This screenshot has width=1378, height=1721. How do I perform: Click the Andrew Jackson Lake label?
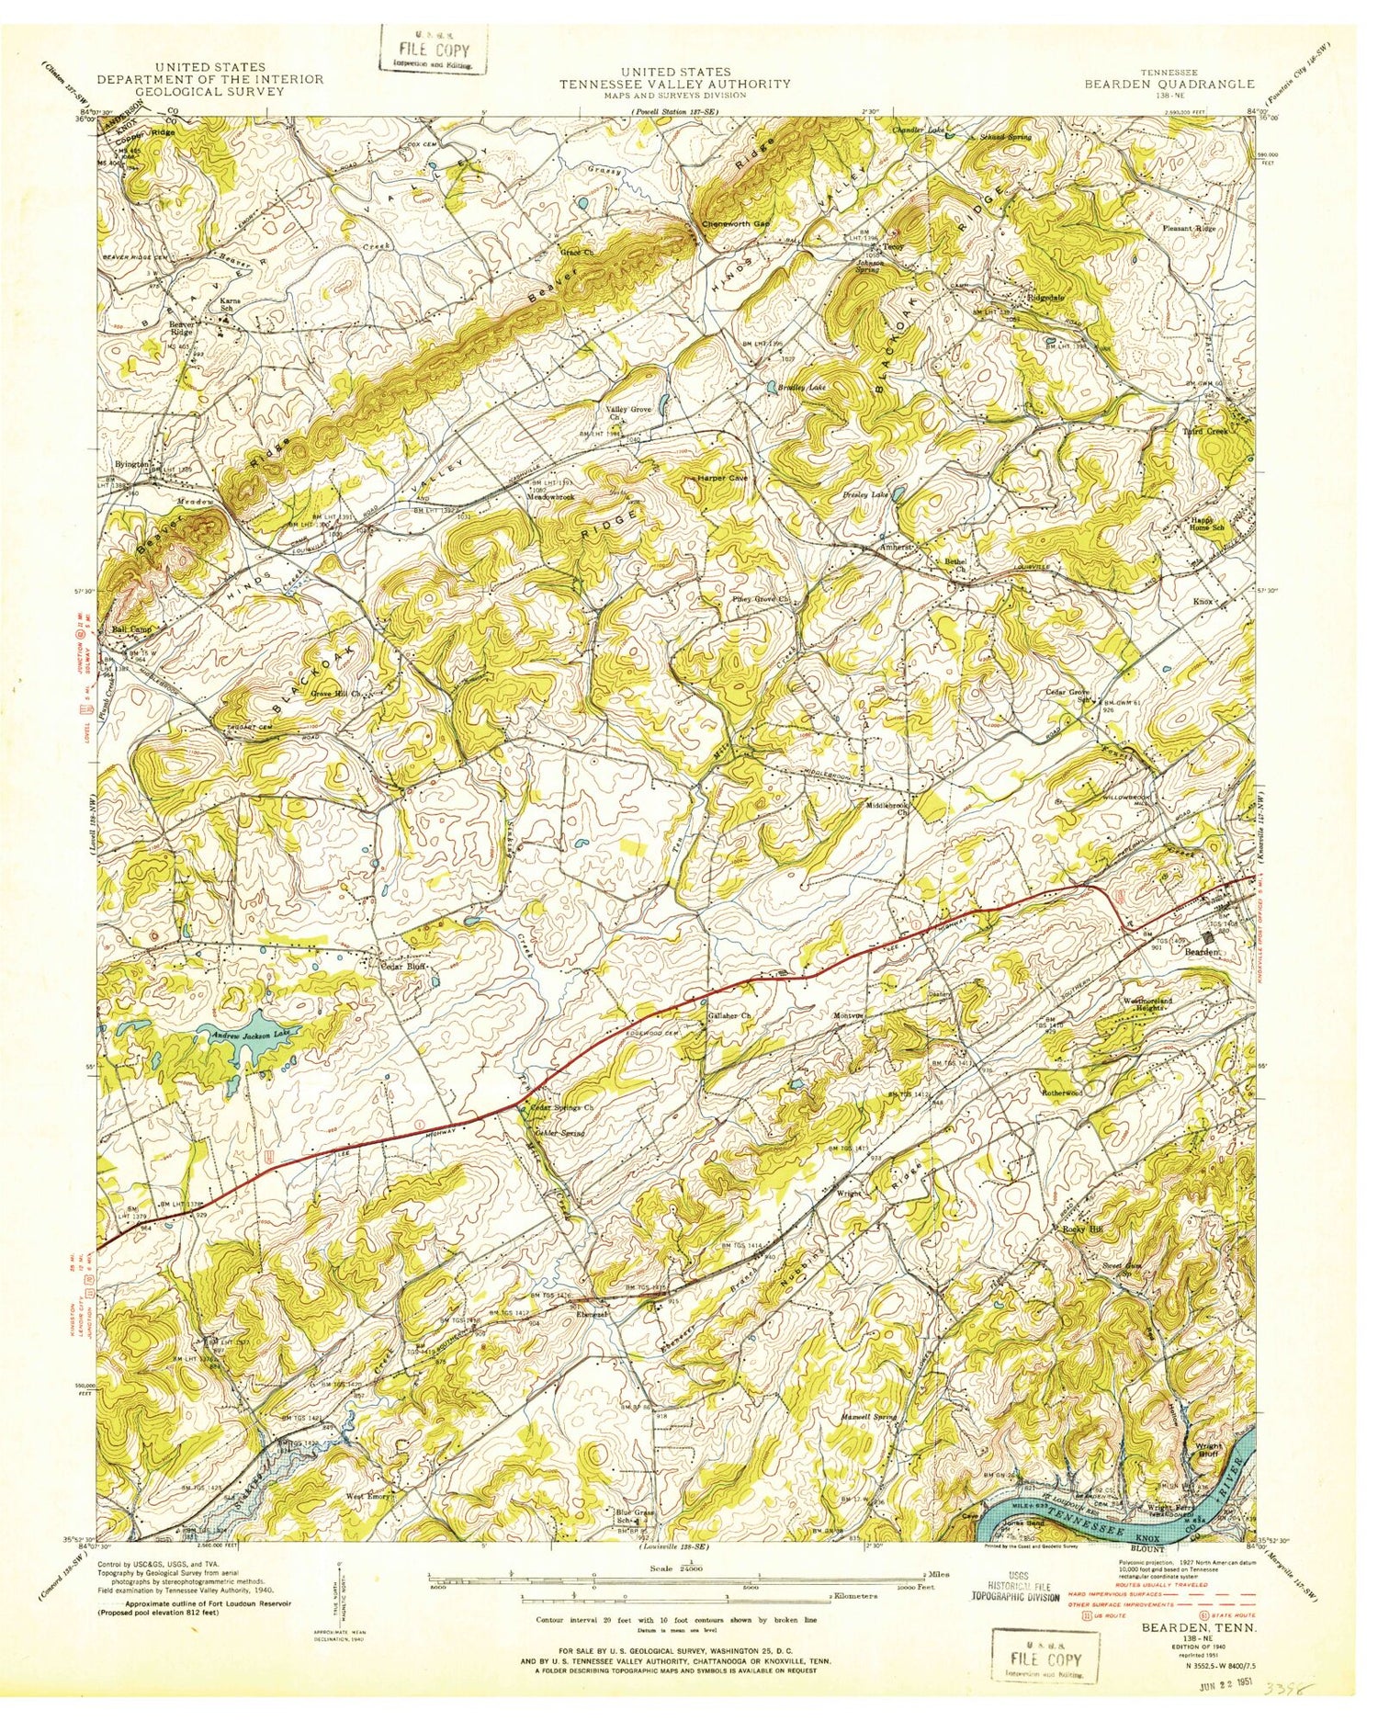244,1036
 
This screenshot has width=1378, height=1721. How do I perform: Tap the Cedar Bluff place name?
405,967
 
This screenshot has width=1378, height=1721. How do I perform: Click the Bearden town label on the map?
1202,953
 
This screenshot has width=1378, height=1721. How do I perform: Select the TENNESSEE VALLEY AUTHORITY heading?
676,83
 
